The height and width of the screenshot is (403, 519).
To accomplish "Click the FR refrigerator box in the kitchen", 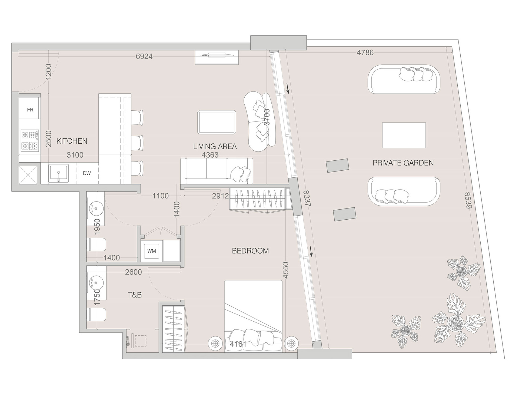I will coord(30,110).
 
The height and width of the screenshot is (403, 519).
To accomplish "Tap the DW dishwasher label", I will coord(87,173).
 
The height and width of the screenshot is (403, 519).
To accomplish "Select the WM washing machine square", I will coord(152,251).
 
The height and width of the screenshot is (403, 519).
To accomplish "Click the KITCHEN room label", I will coord(72,141).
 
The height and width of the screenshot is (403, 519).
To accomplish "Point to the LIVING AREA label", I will coord(215,146).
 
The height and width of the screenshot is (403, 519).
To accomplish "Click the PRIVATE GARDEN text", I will coord(403,163).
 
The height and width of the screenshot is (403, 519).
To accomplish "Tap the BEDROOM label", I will coord(250,251).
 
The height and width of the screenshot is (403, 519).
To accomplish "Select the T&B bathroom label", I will coord(135,295).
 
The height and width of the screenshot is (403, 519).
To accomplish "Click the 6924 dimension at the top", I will coord(144,56).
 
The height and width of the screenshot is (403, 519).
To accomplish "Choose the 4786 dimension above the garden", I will coord(365,52).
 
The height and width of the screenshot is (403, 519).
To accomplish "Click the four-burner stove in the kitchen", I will coord(30,140).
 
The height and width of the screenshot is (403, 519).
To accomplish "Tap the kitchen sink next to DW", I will coord(58,173).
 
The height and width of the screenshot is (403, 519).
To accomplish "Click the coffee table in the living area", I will coord(217,122).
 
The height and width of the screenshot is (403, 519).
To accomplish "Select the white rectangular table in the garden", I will coord(404,135).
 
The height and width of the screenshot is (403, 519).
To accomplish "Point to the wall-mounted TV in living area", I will coord(217,55).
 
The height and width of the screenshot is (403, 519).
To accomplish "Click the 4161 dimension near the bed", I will coord(238,344).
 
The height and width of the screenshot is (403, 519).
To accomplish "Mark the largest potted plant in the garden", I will coord(454,322).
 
